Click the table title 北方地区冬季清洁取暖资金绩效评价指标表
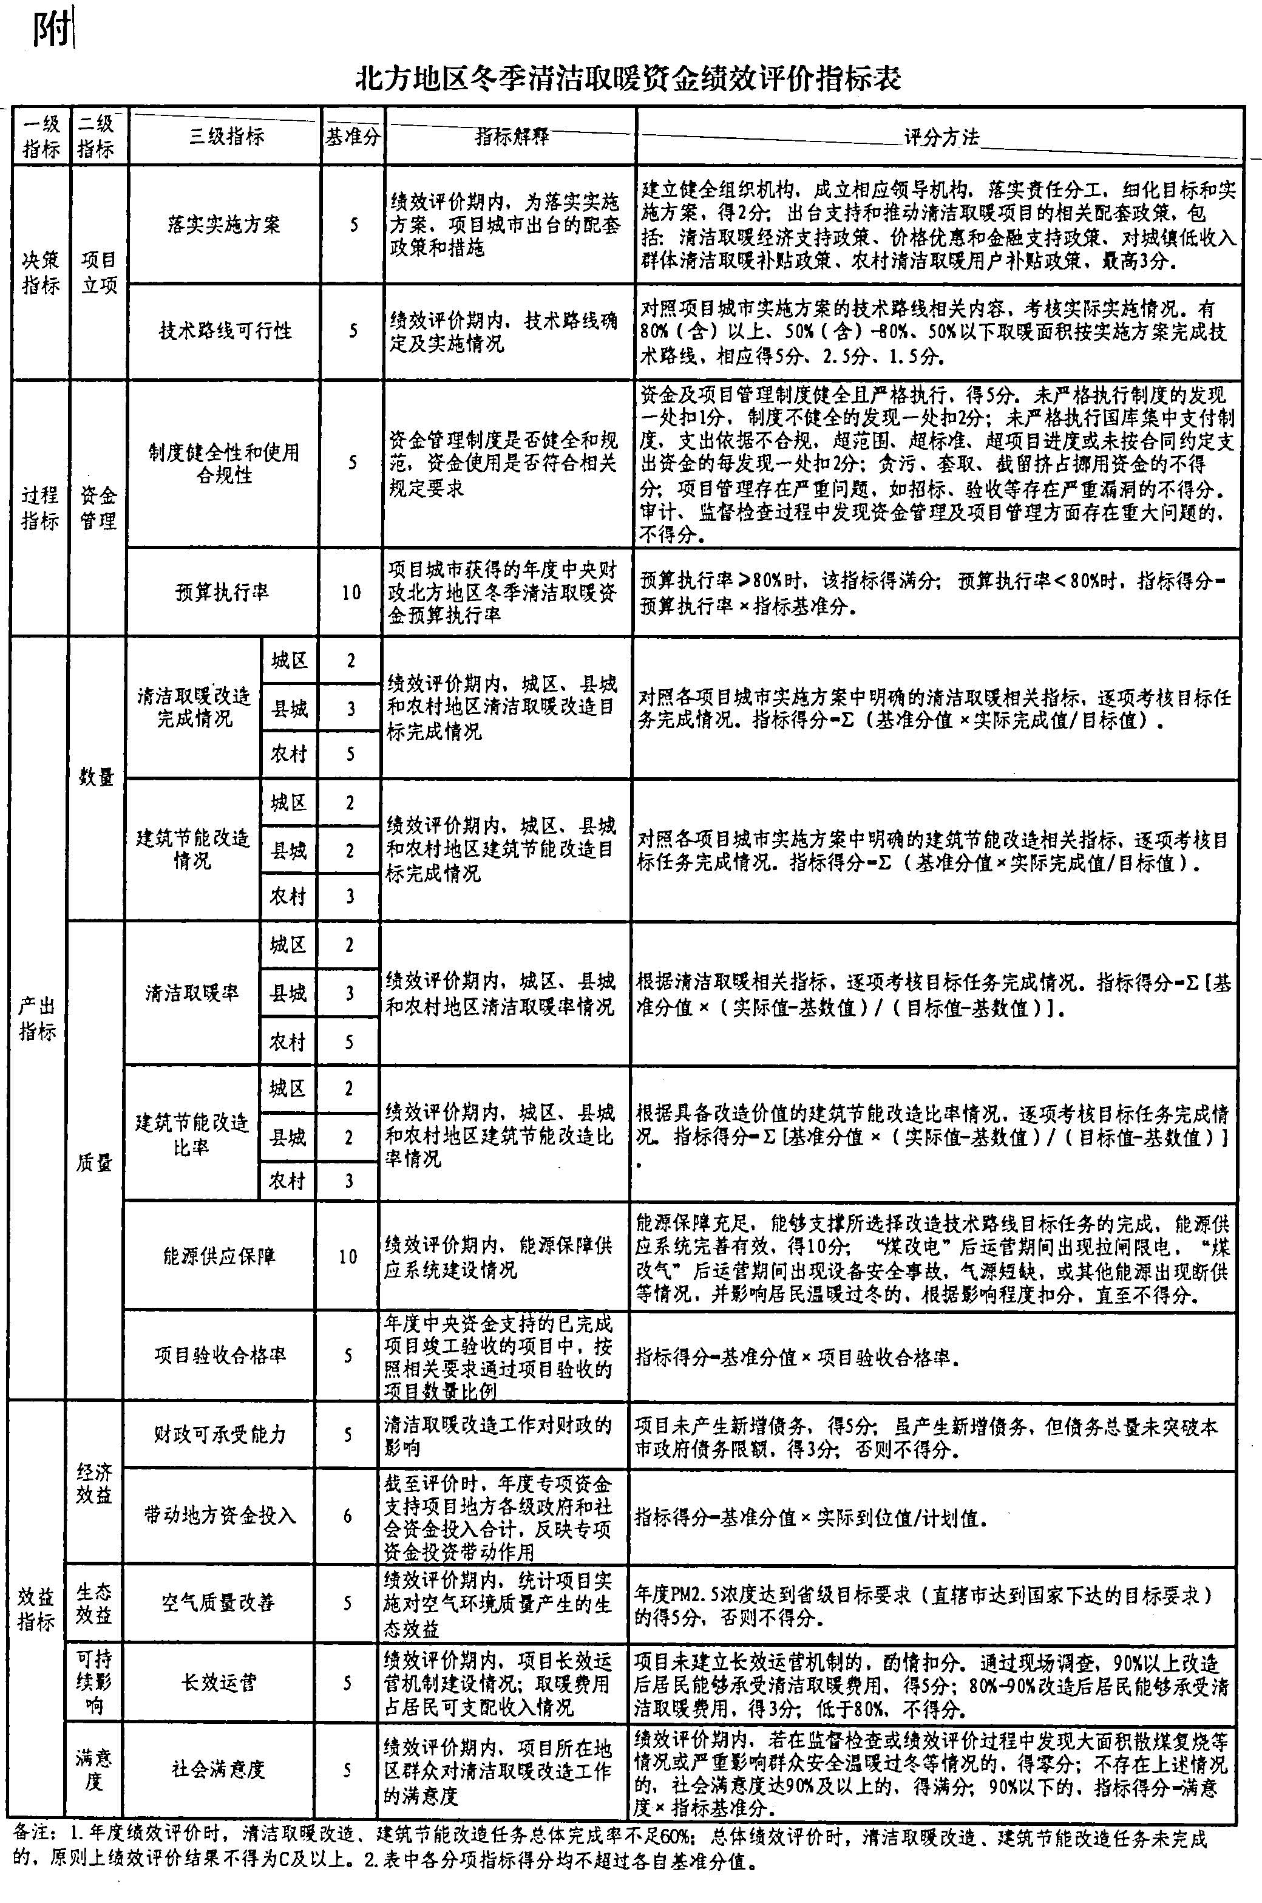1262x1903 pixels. pos(629,79)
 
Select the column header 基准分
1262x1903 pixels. pos(351,136)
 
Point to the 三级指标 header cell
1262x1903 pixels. pos(226,136)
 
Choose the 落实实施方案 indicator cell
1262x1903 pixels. pos(224,224)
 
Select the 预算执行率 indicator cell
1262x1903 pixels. pos(222,593)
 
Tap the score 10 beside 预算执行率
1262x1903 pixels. pos(351,593)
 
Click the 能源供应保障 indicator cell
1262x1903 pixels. pos(219,1256)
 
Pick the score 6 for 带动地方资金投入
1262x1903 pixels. pos(348,1516)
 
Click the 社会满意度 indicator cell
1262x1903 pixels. pos(217,1769)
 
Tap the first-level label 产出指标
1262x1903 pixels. pos(38,1018)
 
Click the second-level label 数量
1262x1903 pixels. pos(97,777)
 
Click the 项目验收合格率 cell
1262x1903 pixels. pos(220,1356)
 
